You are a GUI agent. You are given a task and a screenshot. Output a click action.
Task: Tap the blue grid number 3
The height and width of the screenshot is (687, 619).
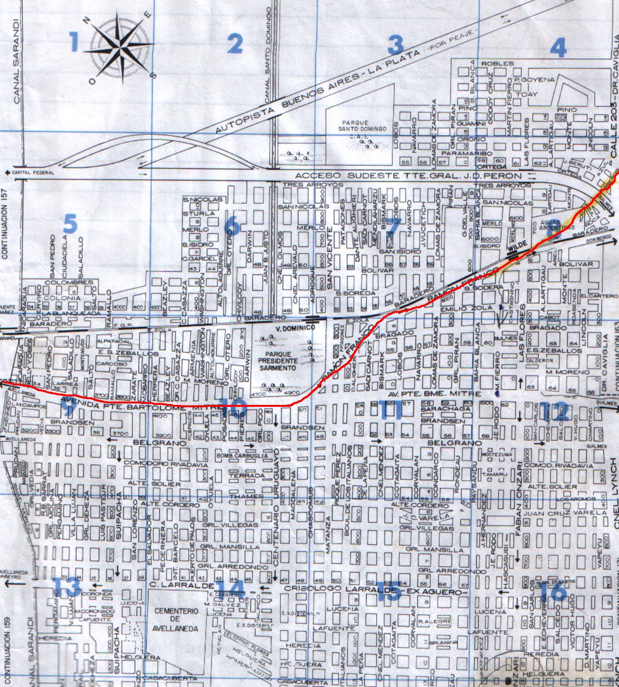[396, 45]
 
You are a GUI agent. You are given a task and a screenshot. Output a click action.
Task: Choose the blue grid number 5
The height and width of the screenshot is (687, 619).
[70, 224]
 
